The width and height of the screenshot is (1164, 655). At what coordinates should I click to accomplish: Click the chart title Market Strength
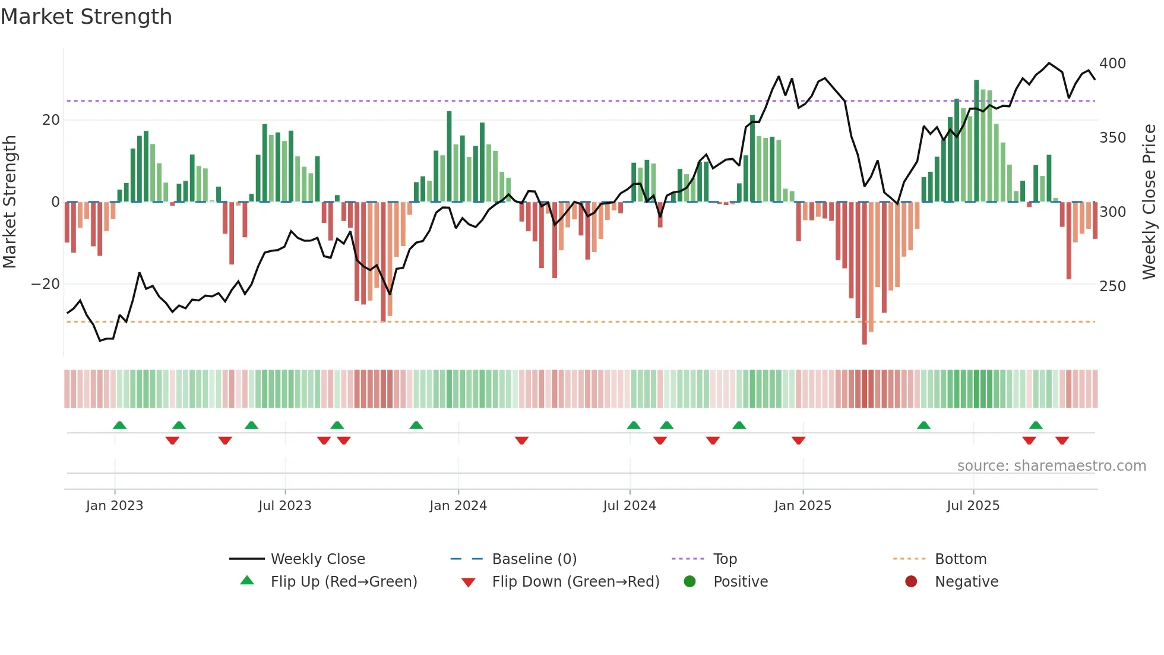[x=86, y=17]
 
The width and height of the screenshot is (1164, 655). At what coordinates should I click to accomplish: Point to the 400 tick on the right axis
[x=1112, y=64]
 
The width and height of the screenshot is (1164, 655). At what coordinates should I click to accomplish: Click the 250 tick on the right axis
[x=1112, y=286]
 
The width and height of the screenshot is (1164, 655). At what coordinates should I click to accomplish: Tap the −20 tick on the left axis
[x=46, y=284]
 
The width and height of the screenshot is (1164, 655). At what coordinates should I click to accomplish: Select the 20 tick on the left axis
[x=51, y=120]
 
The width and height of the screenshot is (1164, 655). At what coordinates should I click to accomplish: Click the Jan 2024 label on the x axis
[x=458, y=506]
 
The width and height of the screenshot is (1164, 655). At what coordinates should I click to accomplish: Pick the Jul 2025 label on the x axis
[x=973, y=506]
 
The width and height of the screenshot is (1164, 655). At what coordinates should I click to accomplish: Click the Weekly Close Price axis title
[x=1149, y=202]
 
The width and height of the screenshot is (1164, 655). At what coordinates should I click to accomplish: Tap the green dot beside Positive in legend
[x=689, y=582]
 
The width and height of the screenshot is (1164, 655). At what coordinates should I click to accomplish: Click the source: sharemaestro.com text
[x=1051, y=466]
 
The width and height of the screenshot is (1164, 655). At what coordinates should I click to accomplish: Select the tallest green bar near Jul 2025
[x=976, y=141]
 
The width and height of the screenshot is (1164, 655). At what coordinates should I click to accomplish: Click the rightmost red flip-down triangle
[x=1062, y=440]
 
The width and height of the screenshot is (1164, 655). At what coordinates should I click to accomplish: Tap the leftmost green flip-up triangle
[x=119, y=425]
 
